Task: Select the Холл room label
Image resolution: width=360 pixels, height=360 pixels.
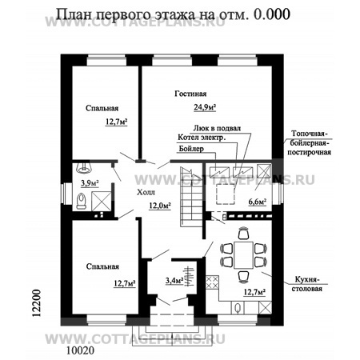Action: (x=146, y=193)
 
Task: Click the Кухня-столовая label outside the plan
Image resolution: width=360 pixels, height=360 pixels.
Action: (x=307, y=282)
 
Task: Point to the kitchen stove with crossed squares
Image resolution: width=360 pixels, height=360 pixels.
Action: (x=213, y=281)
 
